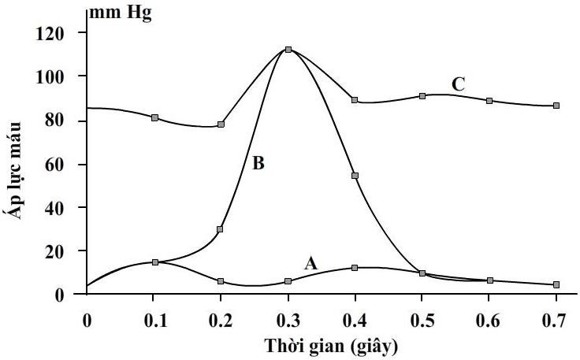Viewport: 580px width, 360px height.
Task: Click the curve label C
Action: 458,84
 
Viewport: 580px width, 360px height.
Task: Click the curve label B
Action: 258,164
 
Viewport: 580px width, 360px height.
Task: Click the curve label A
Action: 310,264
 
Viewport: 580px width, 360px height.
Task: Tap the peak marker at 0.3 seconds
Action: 288,50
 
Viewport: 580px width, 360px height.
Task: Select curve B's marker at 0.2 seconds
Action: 221,229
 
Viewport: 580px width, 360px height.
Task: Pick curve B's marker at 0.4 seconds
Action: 355,176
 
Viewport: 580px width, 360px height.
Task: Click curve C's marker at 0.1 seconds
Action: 155,117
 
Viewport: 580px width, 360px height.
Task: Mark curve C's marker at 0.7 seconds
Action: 556,106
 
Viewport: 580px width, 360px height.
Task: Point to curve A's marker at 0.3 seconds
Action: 288,281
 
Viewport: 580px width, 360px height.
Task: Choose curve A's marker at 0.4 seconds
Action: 355,268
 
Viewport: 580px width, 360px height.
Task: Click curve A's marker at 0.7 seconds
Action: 556,285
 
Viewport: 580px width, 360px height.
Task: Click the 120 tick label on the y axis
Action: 57,33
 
